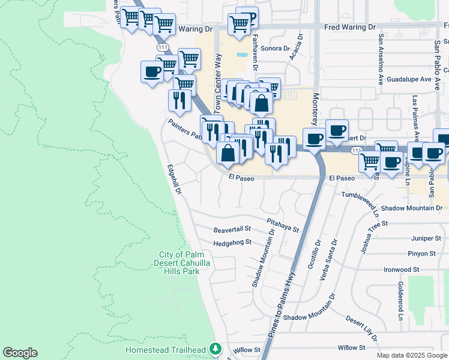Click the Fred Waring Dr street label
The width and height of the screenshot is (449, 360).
349,28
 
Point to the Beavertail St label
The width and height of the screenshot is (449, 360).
231,230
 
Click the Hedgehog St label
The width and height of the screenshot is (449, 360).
232,243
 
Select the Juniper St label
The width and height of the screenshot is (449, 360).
420,238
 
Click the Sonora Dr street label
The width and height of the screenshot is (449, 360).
276,48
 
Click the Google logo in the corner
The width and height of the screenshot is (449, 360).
20,353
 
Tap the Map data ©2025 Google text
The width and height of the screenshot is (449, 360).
412,355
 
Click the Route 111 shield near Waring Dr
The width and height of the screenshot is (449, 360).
163,46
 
